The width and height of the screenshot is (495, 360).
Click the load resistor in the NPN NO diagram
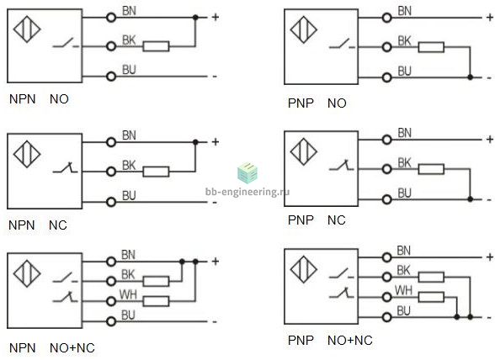[156, 46]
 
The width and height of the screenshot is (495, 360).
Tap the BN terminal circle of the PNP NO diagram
[386, 18]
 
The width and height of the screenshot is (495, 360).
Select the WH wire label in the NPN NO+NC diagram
[128, 294]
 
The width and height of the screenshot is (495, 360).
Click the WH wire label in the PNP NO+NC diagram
[403, 290]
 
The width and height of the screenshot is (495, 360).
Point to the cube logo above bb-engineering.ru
[247, 173]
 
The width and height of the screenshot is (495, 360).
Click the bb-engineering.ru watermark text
[247, 192]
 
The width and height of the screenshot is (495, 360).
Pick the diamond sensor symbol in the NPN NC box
[27, 154]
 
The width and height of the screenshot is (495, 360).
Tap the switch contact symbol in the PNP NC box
[342, 166]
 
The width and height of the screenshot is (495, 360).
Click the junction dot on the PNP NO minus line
[470, 77]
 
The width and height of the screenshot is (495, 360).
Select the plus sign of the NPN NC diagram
[216, 142]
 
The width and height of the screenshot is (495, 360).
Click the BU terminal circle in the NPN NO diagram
[111, 77]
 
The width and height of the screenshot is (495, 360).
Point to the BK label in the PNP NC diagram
[404, 163]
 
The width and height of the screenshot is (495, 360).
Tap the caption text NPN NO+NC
[52, 347]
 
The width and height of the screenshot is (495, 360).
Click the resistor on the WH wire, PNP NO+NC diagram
[431, 297]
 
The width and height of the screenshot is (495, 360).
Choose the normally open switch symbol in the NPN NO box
[66, 43]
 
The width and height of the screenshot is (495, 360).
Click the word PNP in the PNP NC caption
[301, 220]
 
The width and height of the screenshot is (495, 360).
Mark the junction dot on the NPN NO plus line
[195, 18]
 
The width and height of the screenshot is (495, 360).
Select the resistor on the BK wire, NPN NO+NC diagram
[156, 281]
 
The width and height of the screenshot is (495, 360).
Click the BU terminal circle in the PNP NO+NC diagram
[386, 317]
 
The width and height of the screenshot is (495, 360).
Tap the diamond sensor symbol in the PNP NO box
[303, 29]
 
